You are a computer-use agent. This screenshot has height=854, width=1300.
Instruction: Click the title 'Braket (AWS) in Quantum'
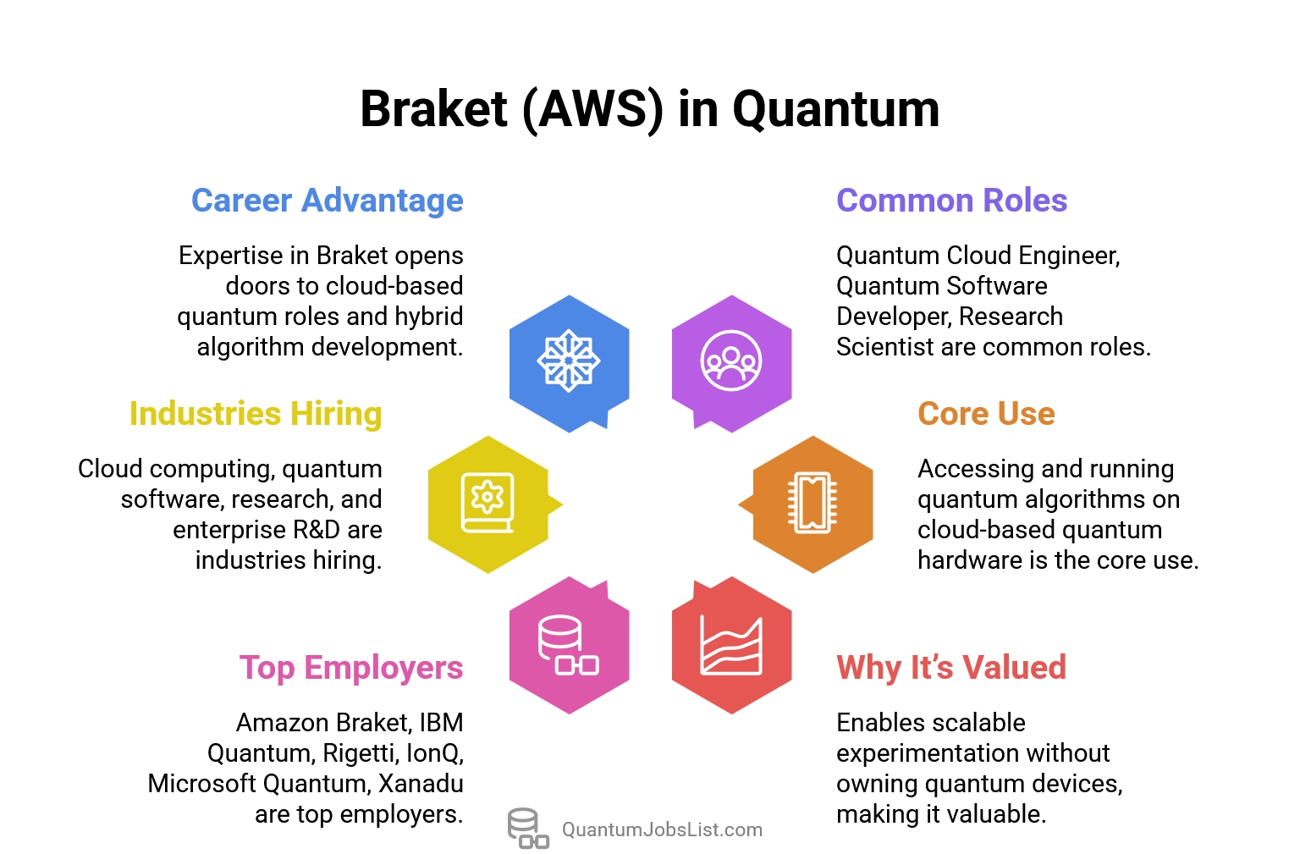649,109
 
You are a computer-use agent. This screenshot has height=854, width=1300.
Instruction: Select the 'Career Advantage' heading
327,201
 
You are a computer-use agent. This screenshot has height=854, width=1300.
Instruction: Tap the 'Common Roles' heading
951,201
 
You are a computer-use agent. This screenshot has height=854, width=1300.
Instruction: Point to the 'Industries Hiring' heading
256,414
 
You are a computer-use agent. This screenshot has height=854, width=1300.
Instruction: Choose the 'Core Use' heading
986,414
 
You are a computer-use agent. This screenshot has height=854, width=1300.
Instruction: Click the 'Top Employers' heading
350,668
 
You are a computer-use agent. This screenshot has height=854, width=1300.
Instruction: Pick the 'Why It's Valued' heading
950,668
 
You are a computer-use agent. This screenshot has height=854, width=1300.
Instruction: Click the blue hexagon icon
569,361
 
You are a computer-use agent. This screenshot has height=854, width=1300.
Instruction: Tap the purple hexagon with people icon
731,361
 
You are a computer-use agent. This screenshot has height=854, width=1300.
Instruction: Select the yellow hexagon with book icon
488,504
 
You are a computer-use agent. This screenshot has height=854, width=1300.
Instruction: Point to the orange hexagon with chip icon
812,504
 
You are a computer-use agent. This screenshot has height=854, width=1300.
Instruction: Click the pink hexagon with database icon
569,645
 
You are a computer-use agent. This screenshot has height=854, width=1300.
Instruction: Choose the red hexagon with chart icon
731,645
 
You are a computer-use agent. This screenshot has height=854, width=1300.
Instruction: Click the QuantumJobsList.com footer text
662,829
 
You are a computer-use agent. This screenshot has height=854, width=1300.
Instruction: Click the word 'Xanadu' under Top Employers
421,784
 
